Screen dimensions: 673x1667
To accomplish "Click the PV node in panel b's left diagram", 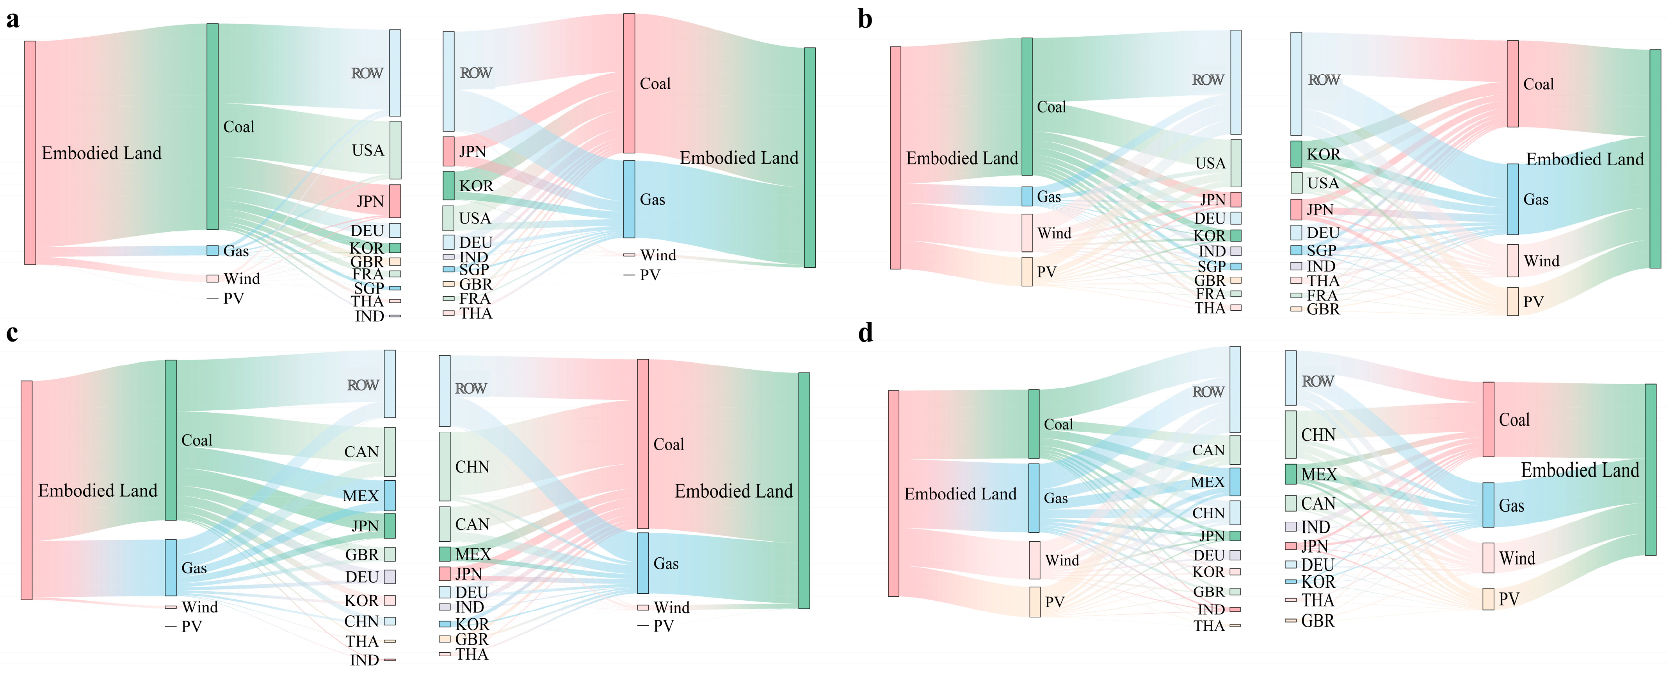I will (1027, 271).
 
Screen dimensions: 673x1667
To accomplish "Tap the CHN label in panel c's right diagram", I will (472, 467).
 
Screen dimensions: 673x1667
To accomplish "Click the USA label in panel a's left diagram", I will (368, 150).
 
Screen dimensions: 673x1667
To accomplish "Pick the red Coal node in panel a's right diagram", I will (629, 84).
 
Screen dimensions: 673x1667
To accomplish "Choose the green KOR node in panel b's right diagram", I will (1296, 154).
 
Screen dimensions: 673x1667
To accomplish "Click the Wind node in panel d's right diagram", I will (1488, 558).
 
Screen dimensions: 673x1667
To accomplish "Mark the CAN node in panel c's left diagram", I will (390, 451).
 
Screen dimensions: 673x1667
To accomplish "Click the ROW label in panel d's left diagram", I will (1208, 392).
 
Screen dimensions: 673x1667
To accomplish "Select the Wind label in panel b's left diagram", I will (1054, 233).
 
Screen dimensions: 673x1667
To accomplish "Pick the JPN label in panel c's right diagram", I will (468, 574).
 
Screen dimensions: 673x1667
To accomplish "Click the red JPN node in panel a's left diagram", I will (395, 201).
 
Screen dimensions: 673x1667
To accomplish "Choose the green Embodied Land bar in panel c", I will (804, 490).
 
